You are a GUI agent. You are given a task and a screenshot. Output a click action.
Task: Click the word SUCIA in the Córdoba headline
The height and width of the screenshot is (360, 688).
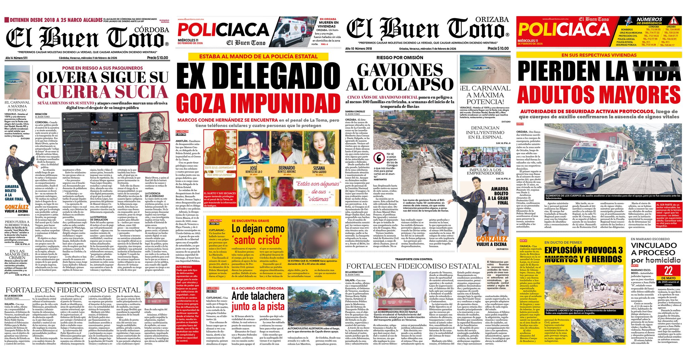click(141, 92)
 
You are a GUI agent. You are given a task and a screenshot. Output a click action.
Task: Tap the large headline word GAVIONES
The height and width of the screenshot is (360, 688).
click(400, 70)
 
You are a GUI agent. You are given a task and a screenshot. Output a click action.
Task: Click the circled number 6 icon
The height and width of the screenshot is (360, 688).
click(379, 157)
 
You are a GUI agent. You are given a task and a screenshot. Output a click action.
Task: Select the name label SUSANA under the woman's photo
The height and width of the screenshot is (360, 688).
click(319, 168)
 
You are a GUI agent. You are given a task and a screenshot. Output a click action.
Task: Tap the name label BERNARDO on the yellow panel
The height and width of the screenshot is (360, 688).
click(287, 168)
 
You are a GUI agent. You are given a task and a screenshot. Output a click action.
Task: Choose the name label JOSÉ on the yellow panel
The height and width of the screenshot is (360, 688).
click(253, 168)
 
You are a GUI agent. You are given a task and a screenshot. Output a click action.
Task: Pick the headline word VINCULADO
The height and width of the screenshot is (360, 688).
click(653, 245)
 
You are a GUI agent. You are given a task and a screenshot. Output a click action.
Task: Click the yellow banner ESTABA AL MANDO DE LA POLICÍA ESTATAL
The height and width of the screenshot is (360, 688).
click(258, 56)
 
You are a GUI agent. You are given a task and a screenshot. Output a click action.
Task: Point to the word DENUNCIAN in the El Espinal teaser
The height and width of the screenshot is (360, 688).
click(485, 128)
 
